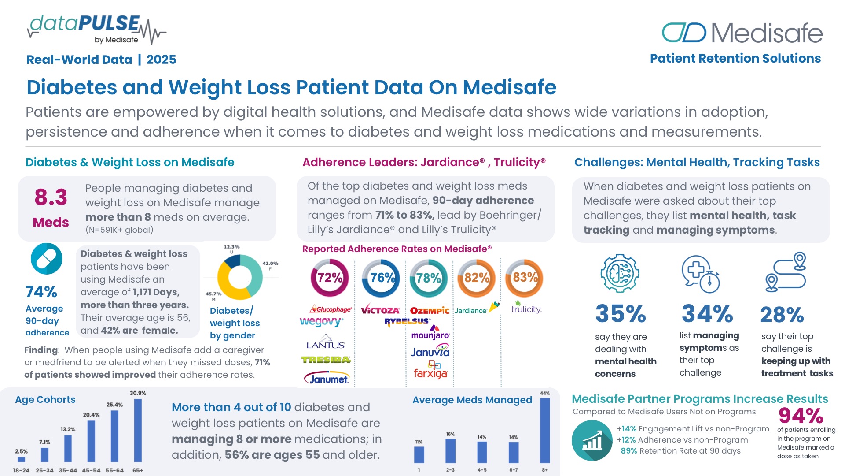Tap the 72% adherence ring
[x=330, y=278]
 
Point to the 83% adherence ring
[x=524, y=278]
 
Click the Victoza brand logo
[x=380, y=310]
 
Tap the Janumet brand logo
[x=326, y=379]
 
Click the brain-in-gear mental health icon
[x=620, y=273]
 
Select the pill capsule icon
[x=47, y=259]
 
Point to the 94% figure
[x=801, y=416]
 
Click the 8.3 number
[x=51, y=197]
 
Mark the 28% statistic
[x=782, y=315]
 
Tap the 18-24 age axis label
[x=21, y=470]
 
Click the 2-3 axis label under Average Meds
[x=450, y=470]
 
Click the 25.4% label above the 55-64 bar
[x=114, y=405]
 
